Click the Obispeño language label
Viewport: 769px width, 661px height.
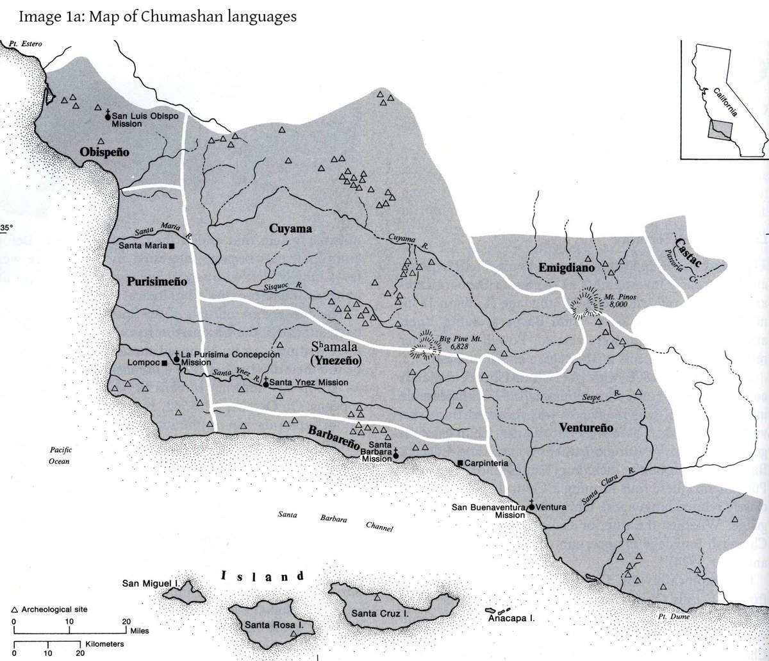[x=104, y=152]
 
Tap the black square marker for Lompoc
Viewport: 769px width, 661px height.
[x=165, y=363]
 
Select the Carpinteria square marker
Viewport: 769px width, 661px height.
[x=460, y=462]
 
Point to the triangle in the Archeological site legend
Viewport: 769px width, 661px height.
[x=14, y=609]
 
